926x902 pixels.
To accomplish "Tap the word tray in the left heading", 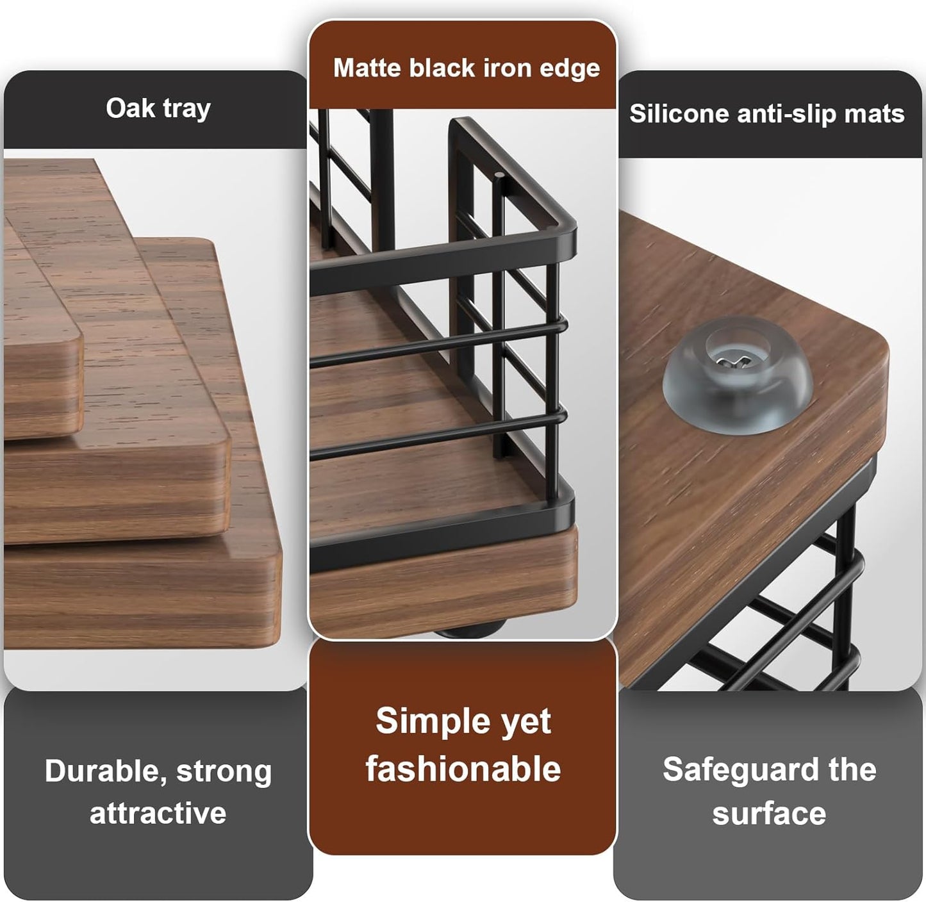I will tap(186, 109).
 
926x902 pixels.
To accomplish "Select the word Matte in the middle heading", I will tap(368, 68).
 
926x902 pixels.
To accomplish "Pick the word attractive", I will tap(158, 813).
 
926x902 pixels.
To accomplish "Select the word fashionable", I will tap(463, 769).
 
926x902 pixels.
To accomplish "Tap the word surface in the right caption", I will tap(768, 813).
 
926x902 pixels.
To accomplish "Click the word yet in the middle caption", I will tap(525, 722).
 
